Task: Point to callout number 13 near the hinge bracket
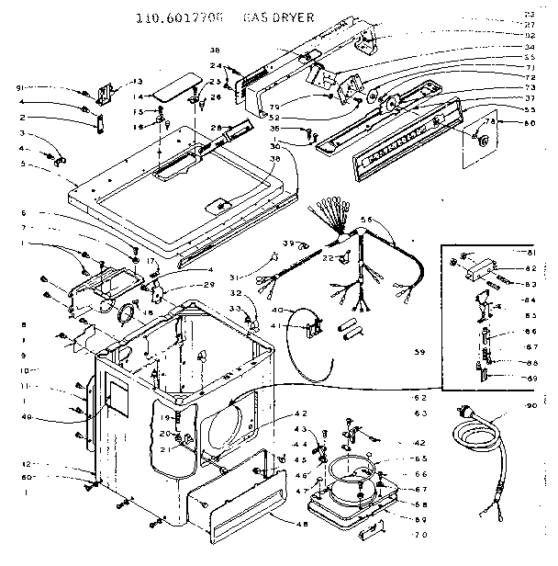point(138,81)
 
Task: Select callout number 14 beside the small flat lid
point(137,96)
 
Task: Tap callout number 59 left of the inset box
point(420,352)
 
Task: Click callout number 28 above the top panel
point(218,127)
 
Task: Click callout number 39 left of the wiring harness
point(287,243)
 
